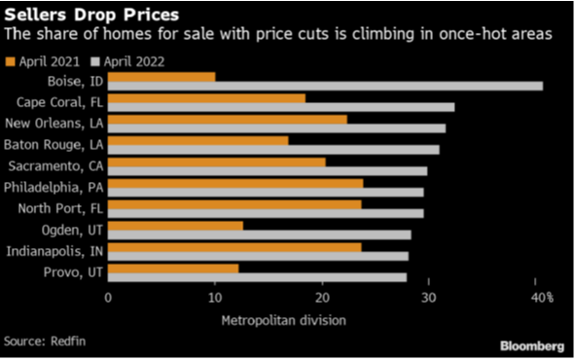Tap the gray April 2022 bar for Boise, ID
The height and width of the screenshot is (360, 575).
325,86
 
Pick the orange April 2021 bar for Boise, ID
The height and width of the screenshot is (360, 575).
162,76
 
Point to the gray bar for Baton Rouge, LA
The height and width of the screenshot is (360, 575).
273,149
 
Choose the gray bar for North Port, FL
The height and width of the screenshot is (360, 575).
266,213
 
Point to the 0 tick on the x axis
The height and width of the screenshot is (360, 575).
108,296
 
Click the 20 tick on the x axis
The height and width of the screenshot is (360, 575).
322,296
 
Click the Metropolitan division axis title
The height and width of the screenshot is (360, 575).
283,318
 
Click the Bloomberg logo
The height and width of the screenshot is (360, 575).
532,345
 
